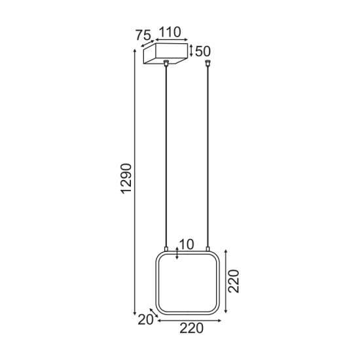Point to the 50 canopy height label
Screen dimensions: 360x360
coord(203,50)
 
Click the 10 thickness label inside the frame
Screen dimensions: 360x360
coord(187,245)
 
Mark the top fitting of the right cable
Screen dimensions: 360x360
coord(208,63)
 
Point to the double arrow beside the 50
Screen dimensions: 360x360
coord(191,50)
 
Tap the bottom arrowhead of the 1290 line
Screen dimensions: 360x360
coord(135,313)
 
